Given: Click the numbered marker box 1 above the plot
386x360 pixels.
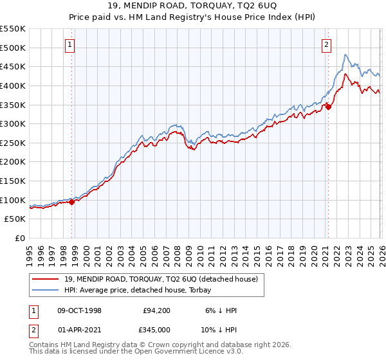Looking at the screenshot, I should [x=69, y=44].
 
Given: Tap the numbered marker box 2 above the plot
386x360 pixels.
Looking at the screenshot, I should [x=327, y=44].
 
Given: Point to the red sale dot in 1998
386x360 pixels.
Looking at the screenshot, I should [x=72, y=202].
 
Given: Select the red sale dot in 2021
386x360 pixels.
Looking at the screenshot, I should [x=328, y=107].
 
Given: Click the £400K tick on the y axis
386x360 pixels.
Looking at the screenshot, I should [x=13, y=85].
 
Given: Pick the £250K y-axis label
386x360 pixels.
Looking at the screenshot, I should [x=13, y=143].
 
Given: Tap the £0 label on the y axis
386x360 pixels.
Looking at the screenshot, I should [x=21, y=238].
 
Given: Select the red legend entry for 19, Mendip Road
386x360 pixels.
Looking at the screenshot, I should [x=161, y=279].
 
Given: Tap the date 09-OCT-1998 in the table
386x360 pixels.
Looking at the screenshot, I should [x=79, y=310].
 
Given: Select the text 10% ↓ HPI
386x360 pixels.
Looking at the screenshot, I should [x=221, y=331].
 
